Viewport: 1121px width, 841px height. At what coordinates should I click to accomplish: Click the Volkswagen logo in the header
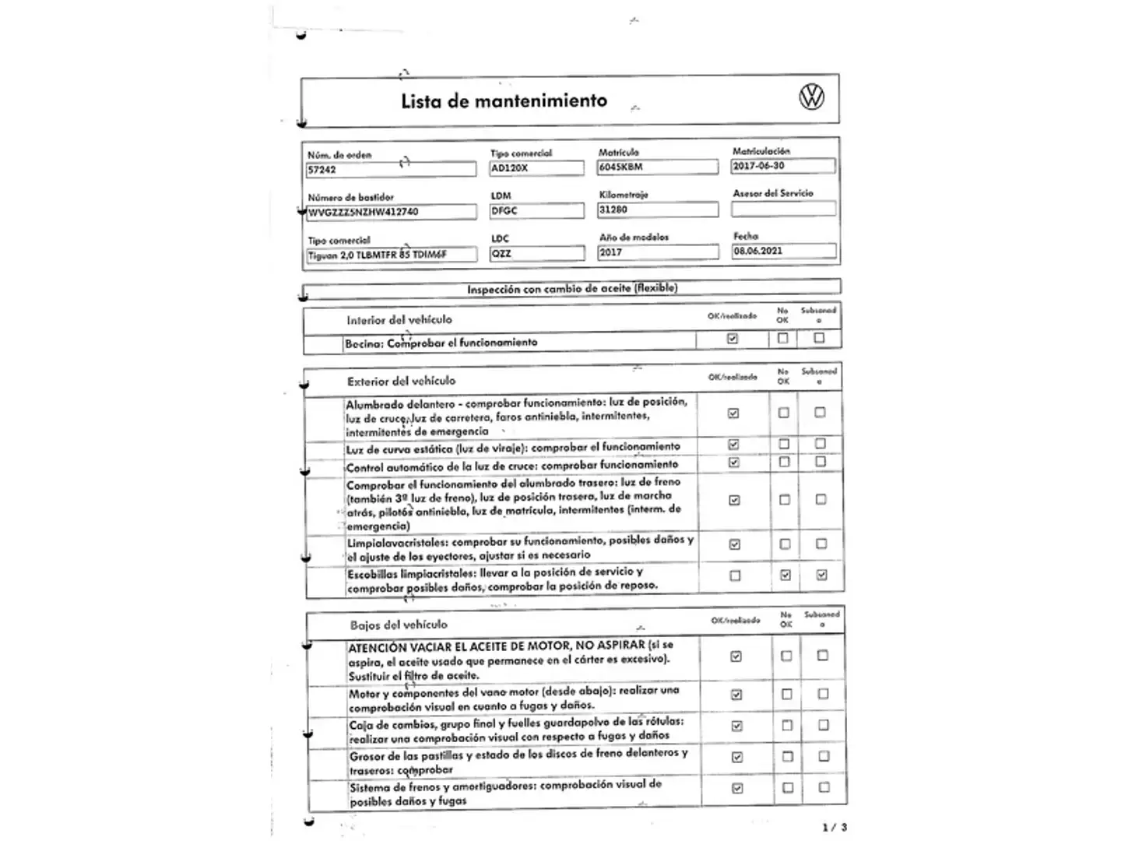tap(811, 97)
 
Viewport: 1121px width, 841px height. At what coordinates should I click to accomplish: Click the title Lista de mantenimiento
tap(504, 100)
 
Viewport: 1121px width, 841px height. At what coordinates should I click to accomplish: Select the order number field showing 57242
tap(391, 169)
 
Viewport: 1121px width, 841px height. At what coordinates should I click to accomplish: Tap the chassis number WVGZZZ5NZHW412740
tap(391, 212)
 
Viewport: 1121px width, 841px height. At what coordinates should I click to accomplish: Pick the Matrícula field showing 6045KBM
tap(657, 167)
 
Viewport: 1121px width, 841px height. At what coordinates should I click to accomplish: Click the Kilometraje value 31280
tap(657, 209)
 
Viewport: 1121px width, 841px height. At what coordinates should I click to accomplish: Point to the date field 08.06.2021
tap(783, 251)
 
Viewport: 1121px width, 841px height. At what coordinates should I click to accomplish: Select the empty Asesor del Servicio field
tap(783, 209)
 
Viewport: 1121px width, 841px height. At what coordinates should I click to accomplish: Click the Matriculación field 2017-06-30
tap(783, 166)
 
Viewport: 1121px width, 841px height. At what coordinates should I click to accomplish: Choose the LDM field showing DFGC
tap(536, 211)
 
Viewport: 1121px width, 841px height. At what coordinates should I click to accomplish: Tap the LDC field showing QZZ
tap(536, 253)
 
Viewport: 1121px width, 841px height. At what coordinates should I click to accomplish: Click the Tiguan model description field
tap(391, 255)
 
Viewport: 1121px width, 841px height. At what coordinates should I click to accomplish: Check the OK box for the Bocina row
tap(732, 339)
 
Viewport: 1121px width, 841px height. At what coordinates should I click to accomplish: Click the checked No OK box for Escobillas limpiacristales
tap(785, 575)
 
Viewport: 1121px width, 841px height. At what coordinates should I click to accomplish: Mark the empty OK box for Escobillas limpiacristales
tap(735, 575)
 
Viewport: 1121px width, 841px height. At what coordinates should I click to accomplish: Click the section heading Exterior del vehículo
tap(401, 381)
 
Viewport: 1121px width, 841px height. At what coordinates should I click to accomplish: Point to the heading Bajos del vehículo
tap(399, 625)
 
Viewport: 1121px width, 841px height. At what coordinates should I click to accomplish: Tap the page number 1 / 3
tap(834, 827)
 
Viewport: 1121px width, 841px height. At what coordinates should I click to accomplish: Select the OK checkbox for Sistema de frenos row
tap(737, 788)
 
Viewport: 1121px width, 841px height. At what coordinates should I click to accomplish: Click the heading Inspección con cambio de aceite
tap(572, 288)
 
